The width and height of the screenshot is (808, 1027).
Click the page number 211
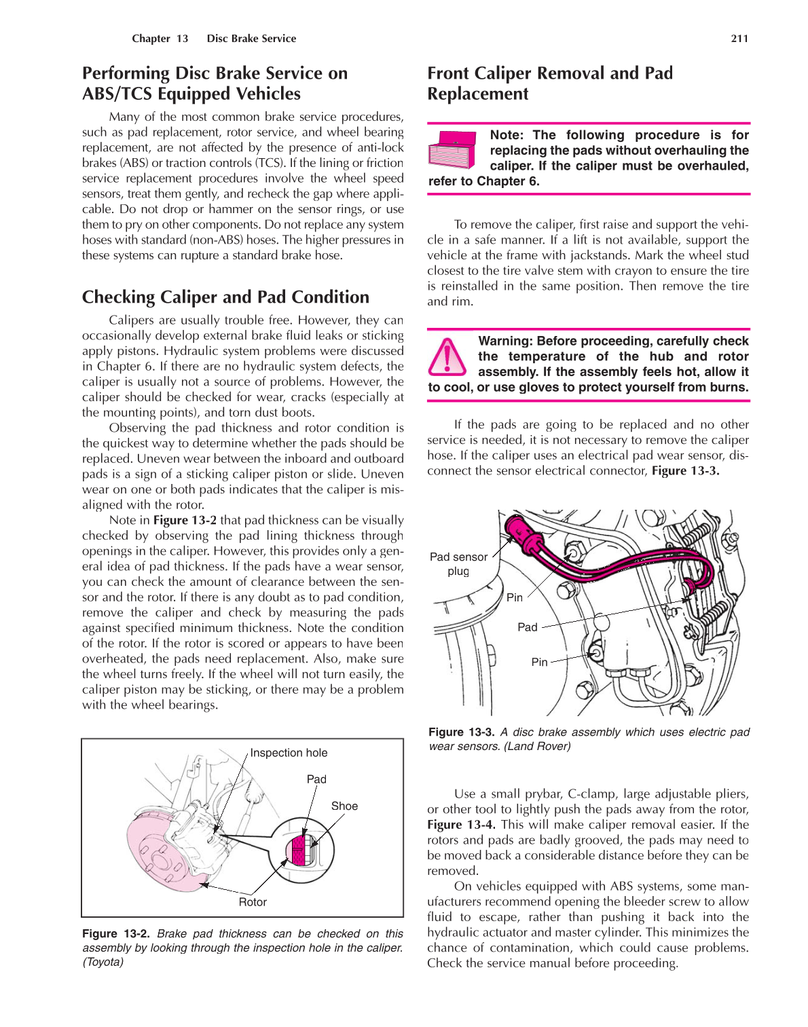point(739,39)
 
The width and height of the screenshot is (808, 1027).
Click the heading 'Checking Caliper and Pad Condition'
point(225,297)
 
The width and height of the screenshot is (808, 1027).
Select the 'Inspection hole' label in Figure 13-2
point(289,753)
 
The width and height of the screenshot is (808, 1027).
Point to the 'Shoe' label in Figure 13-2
point(344,806)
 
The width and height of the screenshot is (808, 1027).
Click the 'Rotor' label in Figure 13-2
point(253,902)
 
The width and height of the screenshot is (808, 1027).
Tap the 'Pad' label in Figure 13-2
point(316,779)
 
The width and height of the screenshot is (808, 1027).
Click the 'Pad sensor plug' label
point(458,563)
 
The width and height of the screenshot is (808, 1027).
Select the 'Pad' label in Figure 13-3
point(527,627)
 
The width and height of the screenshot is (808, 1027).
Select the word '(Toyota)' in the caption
point(103,962)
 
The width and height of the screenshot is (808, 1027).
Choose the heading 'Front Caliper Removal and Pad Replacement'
point(549,83)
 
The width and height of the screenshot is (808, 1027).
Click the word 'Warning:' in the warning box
point(505,341)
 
